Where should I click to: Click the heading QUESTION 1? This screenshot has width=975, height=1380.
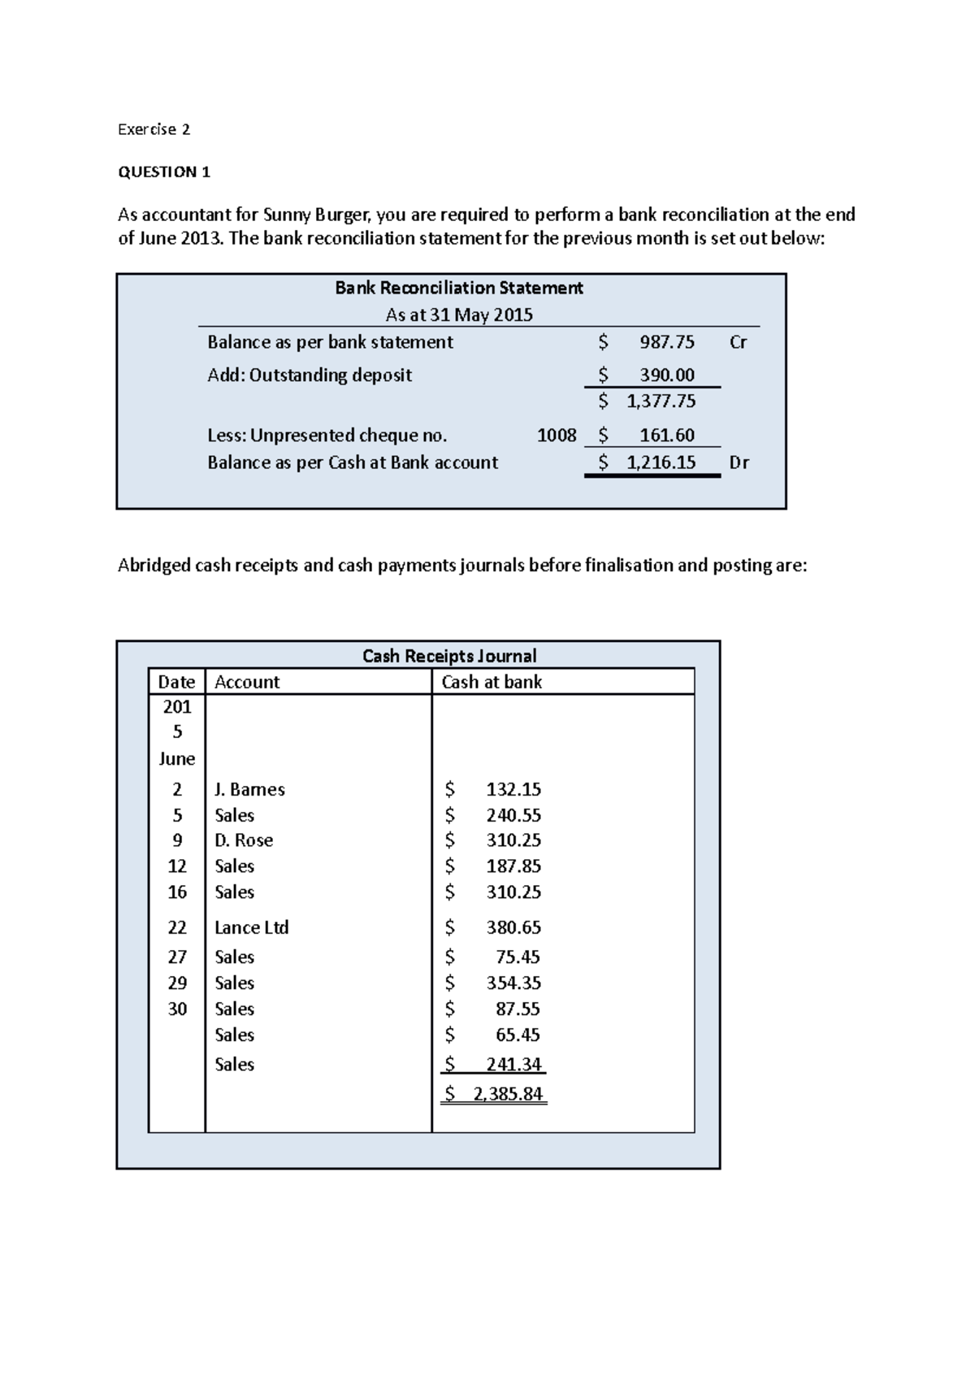(164, 171)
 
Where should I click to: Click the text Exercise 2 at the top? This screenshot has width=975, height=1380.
(154, 129)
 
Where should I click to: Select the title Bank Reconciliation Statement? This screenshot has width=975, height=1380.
(459, 288)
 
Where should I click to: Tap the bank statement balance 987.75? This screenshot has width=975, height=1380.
(666, 342)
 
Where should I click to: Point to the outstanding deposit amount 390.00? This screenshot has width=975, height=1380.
(666, 375)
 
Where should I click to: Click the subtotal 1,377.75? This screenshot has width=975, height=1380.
(661, 401)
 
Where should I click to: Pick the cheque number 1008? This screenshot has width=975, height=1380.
(557, 436)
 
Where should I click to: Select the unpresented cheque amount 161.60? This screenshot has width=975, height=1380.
(666, 436)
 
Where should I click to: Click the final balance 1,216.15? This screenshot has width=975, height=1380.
(661, 462)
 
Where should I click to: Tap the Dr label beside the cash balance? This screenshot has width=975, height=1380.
(739, 462)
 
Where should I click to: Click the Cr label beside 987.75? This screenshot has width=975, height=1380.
(738, 342)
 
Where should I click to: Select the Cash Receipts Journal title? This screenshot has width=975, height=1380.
(449, 656)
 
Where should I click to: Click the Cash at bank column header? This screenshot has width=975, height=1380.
(492, 682)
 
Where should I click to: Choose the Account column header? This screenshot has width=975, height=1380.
(247, 682)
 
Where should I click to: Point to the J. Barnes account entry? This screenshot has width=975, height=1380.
(249, 789)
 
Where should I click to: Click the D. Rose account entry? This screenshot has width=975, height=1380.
(244, 840)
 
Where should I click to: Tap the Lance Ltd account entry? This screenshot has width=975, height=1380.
(252, 927)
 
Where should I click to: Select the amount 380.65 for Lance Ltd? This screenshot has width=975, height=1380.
(513, 927)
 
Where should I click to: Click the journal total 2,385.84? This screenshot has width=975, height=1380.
(508, 1094)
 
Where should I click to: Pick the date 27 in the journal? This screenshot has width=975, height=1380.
(177, 957)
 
